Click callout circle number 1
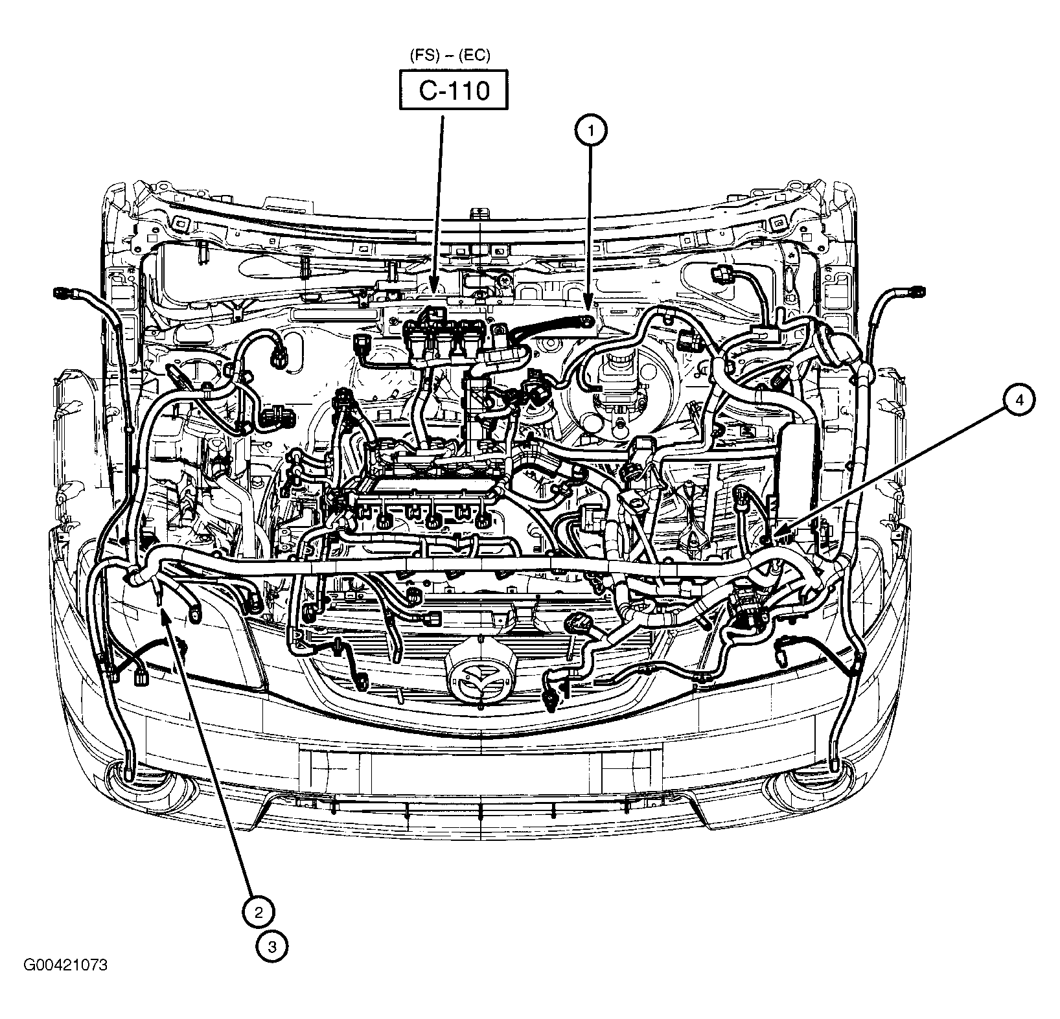click(x=590, y=131)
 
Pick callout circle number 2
click(x=258, y=913)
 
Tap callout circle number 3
click(x=271, y=947)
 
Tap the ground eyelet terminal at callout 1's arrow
click(x=589, y=321)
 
